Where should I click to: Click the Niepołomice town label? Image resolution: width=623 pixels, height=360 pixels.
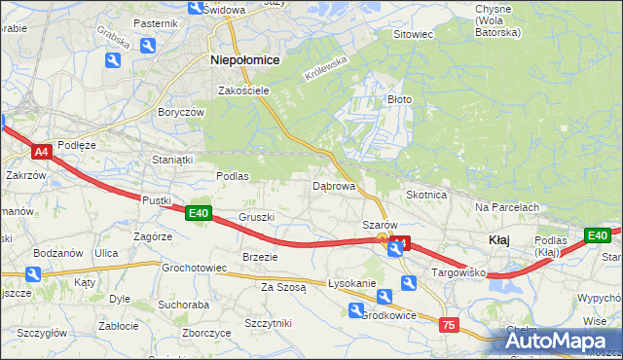[x=245, y=59]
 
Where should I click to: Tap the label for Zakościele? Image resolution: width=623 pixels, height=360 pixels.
[x=243, y=90]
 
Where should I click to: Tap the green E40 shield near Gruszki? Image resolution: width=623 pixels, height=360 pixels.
[x=199, y=213]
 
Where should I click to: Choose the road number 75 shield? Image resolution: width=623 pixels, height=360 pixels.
[x=449, y=325]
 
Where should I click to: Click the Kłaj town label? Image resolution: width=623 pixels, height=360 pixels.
[x=498, y=239]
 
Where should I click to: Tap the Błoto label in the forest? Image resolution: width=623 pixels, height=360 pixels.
[x=400, y=99]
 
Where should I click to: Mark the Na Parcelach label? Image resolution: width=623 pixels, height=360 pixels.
[x=507, y=207]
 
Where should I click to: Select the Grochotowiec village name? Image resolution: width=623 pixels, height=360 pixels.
[x=195, y=267]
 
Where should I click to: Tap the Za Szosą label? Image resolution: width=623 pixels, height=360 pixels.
[x=283, y=287]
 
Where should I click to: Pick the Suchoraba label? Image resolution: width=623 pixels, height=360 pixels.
[x=184, y=304]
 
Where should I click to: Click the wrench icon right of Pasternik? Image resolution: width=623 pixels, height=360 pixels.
[x=147, y=46]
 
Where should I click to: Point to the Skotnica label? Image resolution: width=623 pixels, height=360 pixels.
[x=426, y=195]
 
